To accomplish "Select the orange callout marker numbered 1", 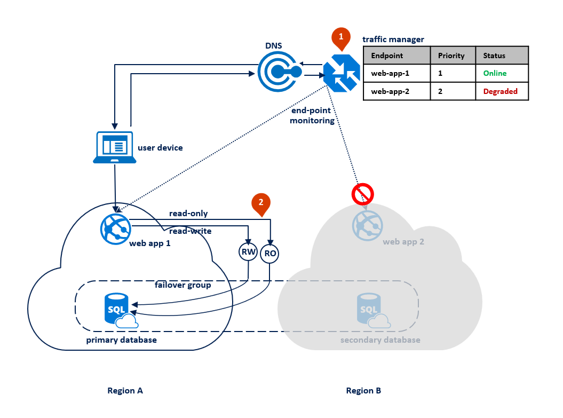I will pyautogui.click(x=341, y=37).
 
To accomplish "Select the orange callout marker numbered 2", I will pyautogui.click(x=261, y=203).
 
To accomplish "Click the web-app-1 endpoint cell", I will pyautogui.click(x=397, y=73).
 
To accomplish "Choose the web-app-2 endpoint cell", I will pyautogui.click(x=397, y=91).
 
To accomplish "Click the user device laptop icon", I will pyautogui.click(x=113, y=147).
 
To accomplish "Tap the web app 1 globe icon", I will pyautogui.click(x=115, y=228).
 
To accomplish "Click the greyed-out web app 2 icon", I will pyautogui.click(x=367, y=225).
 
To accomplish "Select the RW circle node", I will pyautogui.click(x=249, y=253).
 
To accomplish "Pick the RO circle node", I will pyautogui.click(x=270, y=253).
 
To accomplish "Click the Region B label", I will pyautogui.click(x=363, y=391).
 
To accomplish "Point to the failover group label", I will pyautogui.click(x=183, y=285).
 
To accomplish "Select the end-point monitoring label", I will pyautogui.click(x=313, y=115).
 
